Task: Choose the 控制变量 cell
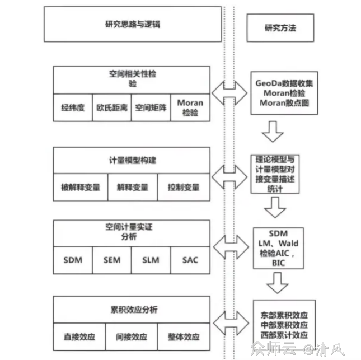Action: [x=184, y=187]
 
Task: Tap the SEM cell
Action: [x=112, y=260]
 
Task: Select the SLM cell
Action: [x=151, y=260]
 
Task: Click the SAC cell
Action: [x=190, y=260]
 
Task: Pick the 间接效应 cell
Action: [x=132, y=337]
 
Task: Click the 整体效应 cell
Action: [x=184, y=337]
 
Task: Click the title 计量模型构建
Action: [x=132, y=160]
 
